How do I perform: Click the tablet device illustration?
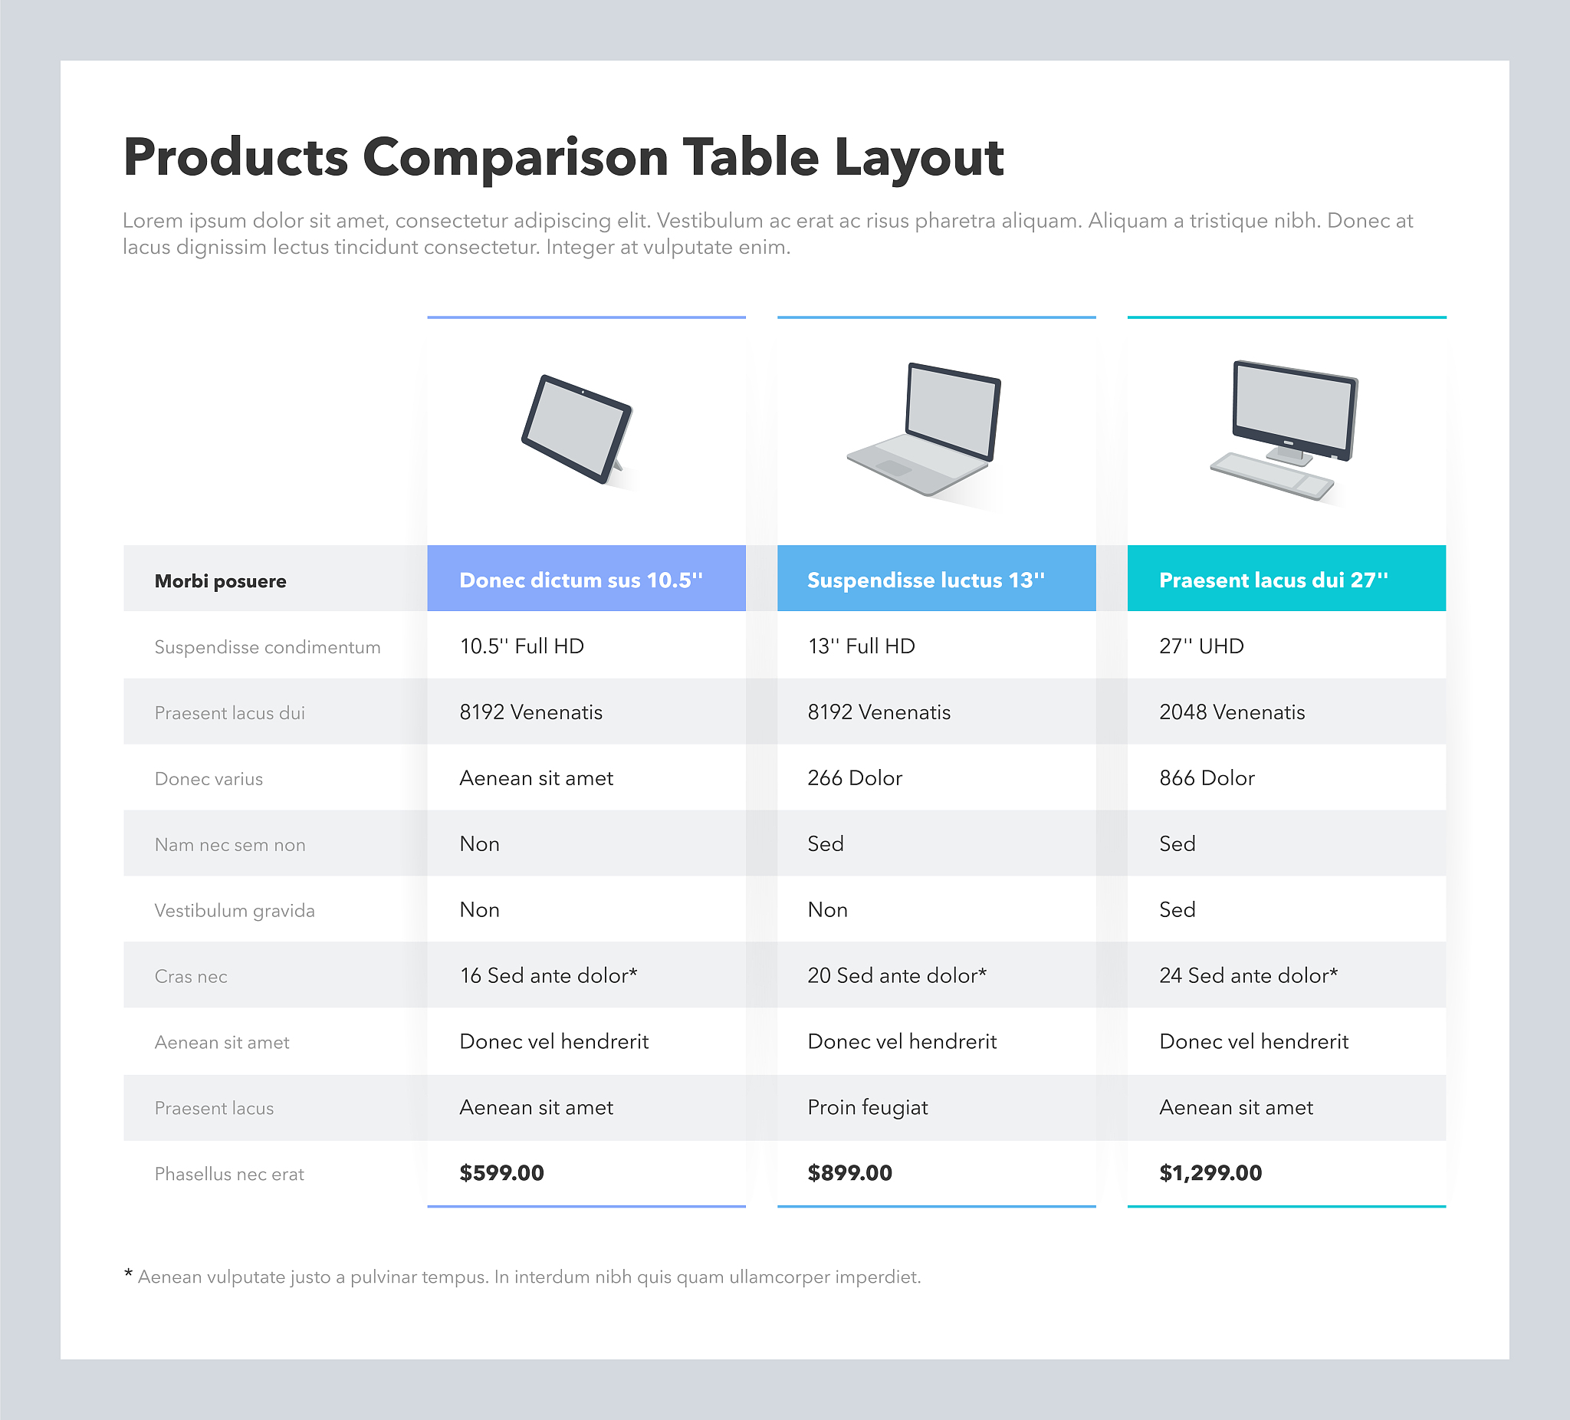pyautogui.click(x=577, y=430)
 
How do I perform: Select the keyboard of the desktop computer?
pyautogui.click(x=1272, y=476)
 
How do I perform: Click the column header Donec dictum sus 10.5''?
pyautogui.click(x=581, y=580)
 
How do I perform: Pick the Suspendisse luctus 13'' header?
pyautogui.click(x=926, y=580)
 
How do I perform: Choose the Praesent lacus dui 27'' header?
pyautogui.click(x=1273, y=580)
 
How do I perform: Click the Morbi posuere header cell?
pyautogui.click(x=220, y=581)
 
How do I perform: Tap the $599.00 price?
pyautogui.click(x=501, y=1172)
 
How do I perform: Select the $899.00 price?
pyautogui.click(x=849, y=1172)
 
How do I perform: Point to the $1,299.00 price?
pyautogui.click(x=1210, y=1172)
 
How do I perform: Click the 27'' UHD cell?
pyautogui.click(x=1201, y=646)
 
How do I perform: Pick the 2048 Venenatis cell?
pyautogui.click(x=1232, y=712)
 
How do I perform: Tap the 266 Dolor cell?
pyautogui.click(x=855, y=777)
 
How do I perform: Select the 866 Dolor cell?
pyautogui.click(x=1207, y=777)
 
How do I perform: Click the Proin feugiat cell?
pyautogui.click(x=868, y=1108)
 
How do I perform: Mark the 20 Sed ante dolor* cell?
pyautogui.click(x=897, y=975)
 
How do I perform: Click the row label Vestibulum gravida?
pyautogui.click(x=235, y=911)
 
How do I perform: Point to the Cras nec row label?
pyautogui.click(x=191, y=977)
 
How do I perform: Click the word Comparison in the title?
pyautogui.click(x=516, y=158)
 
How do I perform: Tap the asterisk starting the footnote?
pyautogui.click(x=129, y=1274)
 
